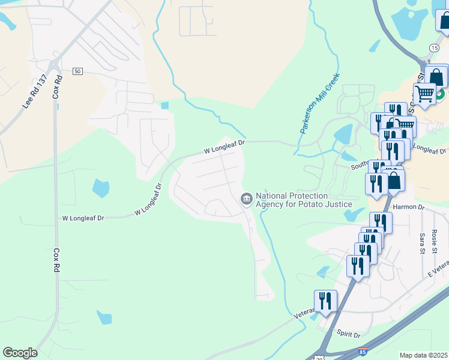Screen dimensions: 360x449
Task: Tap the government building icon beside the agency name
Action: [246, 199]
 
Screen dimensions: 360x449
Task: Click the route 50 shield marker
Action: [77, 71]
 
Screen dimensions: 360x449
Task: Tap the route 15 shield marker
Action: [433, 47]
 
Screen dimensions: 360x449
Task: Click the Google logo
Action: [20, 353]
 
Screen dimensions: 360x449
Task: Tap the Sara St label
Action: [423, 243]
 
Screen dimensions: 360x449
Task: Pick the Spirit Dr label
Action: [348, 334]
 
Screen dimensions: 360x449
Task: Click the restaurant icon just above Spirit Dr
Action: [325, 301]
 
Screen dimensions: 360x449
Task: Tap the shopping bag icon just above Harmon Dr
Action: [395, 179]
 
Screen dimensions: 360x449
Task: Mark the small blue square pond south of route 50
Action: [165, 106]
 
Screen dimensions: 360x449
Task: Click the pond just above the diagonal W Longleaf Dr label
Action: [101, 188]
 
